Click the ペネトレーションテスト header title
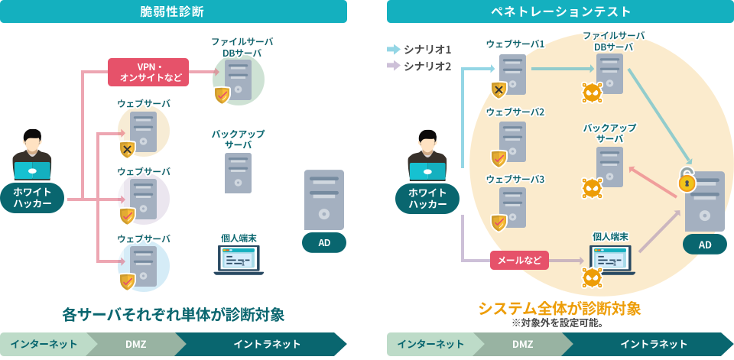click(x=560, y=11)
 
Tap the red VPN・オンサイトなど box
click(x=148, y=72)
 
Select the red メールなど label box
click(x=519, y=261)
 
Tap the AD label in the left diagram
click(x=324, y=243)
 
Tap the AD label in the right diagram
click(x=704, y=245)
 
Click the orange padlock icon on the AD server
click(x=687, y=182)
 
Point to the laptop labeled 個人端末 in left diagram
click(x=239, y=260)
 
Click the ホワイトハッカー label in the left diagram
click(x=32, y=197)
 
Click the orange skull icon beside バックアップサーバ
click(x=592, y=187)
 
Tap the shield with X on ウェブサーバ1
click(x=499, y=90)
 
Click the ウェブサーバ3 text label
click(x=515, y=179)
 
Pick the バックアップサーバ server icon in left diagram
click(x=238, y=173)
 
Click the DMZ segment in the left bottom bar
click(x=136, y=344)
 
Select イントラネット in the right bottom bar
click(x=652, y=344)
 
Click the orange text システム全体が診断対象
click(x=559, y=308)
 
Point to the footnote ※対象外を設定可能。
click(x=559, y=323)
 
